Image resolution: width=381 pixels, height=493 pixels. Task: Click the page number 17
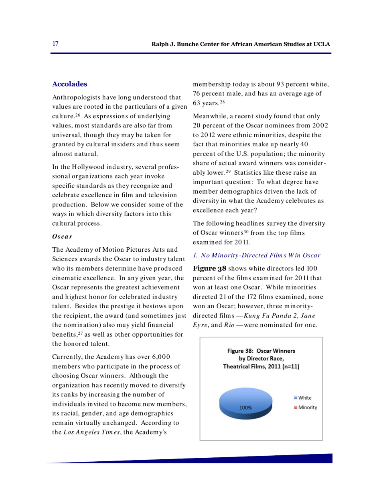click(55, 44)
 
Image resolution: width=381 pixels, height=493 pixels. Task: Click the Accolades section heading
click(69, 84)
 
